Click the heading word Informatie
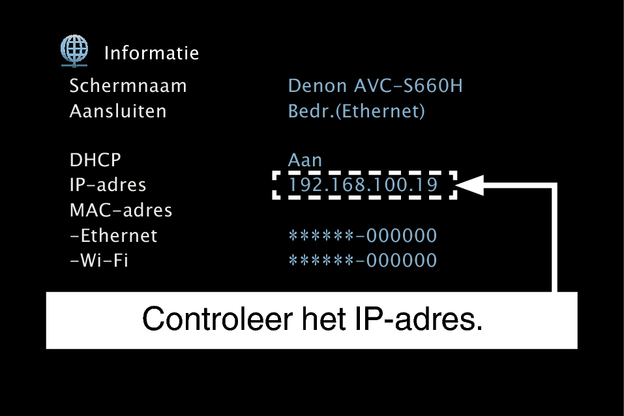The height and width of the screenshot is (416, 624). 151,53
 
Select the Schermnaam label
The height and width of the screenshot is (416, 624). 128,86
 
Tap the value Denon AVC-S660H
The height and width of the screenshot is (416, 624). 376,86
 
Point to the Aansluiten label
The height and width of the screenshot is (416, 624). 118,111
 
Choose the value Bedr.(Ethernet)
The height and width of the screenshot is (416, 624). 357,111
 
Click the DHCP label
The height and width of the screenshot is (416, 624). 95,160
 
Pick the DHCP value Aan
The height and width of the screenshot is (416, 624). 305,160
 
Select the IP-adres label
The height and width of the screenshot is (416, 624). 108,185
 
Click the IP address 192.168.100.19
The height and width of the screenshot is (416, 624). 364,185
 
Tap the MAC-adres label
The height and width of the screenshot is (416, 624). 121,211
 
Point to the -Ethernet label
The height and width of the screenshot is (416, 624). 113,235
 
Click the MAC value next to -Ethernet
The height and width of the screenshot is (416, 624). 363,235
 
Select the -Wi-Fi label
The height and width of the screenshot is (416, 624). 98,261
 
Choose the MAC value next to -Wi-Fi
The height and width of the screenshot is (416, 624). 363,261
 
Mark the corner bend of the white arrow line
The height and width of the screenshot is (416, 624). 556,186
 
